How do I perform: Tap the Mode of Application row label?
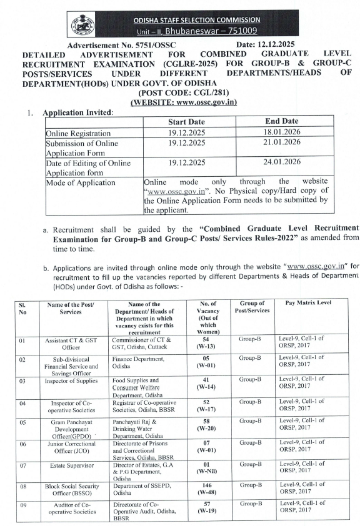pos(81,182)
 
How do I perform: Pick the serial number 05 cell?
pos(22,422)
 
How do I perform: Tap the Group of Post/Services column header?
pos(252,306)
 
